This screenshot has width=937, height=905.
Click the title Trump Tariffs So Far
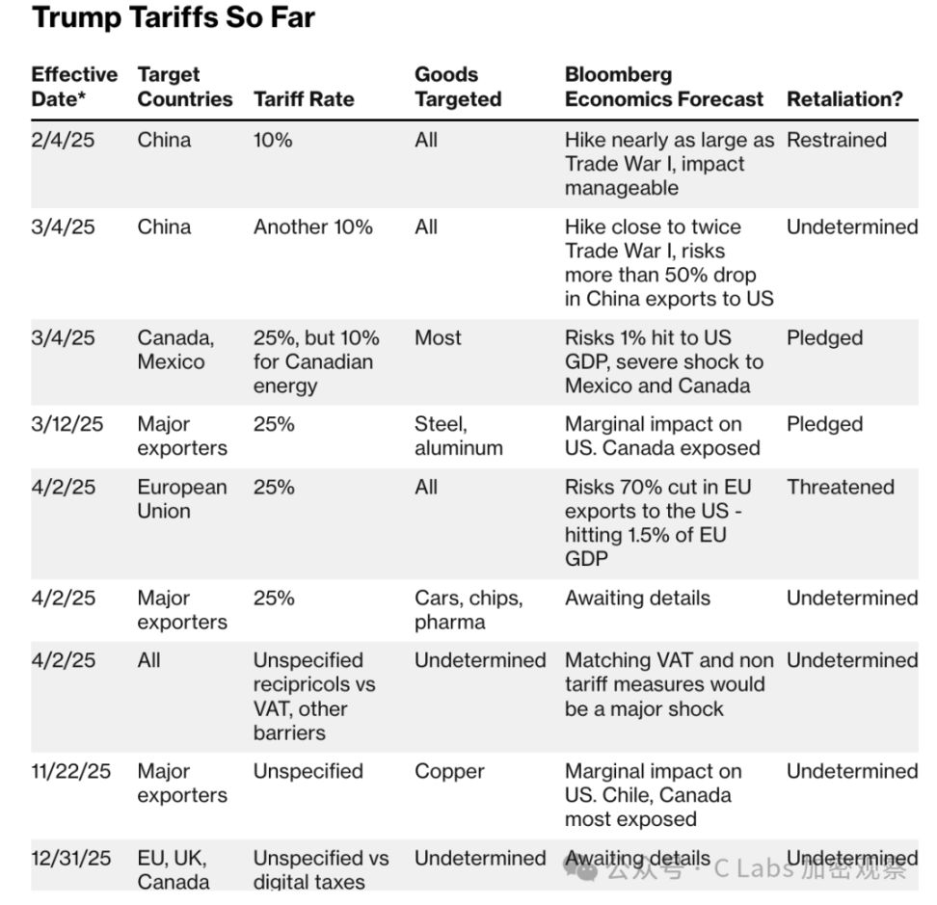tap(174, 18)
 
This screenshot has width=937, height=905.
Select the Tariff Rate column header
tap(304, 99)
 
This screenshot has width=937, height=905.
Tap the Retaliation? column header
tap(844, 99)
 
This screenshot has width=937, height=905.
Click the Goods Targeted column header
tap(458, 87)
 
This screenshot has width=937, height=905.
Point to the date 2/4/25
tap(63, 141)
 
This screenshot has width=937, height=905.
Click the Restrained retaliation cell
tap(836, 141)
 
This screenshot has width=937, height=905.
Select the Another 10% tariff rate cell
tap(312, 227)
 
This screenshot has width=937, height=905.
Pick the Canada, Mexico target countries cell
tap(175, 350)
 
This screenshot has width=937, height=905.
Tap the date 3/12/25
tap(68, 425)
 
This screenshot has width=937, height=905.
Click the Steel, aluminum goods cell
tap(459, 437)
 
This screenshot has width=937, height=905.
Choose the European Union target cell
tap(182, 499)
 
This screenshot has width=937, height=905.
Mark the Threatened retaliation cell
tap(840, 488)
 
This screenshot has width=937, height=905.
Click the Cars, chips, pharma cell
tap(468, 610)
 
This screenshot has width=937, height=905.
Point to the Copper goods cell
tap(449, 772)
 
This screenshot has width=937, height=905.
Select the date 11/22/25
tap(71, 772)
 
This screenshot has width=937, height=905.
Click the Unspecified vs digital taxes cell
tap(321, 870)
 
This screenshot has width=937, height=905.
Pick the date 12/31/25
tap(71, 859)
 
